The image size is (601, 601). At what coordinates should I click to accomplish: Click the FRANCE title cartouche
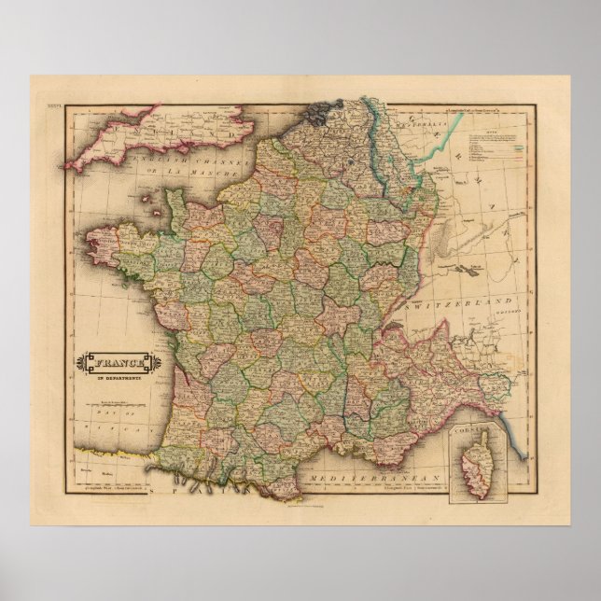coord(112,361)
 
